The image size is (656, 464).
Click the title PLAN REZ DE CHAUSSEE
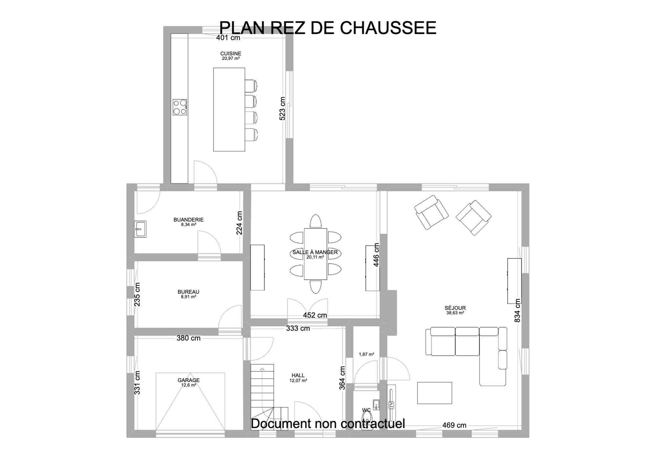pyautogui.click(x=328, y=28)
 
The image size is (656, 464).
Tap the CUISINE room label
pyautogui.click(x=231, y=53)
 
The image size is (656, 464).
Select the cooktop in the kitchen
pyautogui.click(x=180, y=107)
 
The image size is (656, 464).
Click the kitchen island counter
pyautogui.click(x=229, y=110)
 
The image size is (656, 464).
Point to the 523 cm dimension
pyautogui.click(x=282, y=109)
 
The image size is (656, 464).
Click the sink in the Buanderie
pyautogui.click(x=140, y=229)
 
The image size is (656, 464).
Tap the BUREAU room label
pyautogui.click(x=188, y=292)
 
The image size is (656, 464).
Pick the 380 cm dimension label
pyautogui.click(x=189, y=338)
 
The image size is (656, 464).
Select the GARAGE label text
pyautogui.click(x=189, y=380)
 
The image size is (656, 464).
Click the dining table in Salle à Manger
pyautogui.click(x=316, y=254)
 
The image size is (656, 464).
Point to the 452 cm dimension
pyautogui.click(x=315, y=315)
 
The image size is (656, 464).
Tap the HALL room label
pyautogui.click(x=298, y=375)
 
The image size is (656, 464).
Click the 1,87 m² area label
pyautogui.click(x=366, y=354)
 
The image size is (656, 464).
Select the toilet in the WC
pyautogui.click(x=367, y=420)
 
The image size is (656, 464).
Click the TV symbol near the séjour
pyautogui.click(x=391, y=405)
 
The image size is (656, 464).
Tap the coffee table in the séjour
pyautogui.click(x=435, y=393)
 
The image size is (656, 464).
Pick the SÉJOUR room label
pyautogui.click(x=455, y=308)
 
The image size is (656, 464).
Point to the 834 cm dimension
pyautogui.click(x=517, y=310)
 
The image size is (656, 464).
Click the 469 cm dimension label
pyautogui.click(x=454, y=425)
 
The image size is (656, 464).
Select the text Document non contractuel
pyautogui.click(x=328, y=423)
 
